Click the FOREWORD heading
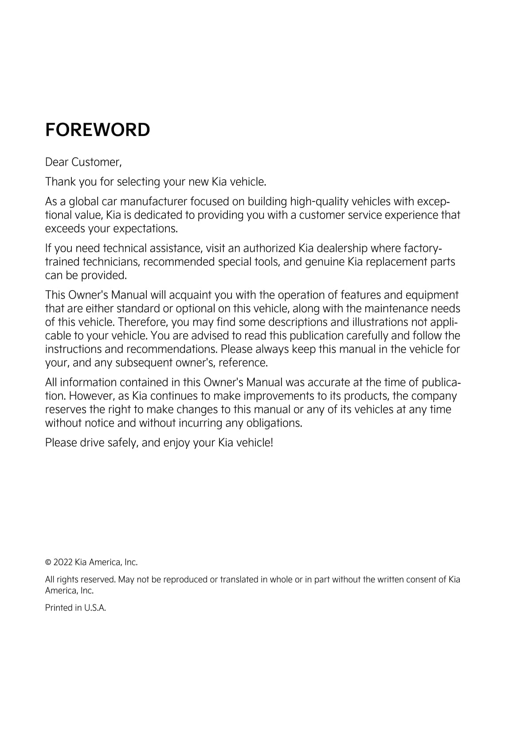point(98,130)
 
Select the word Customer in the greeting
point(96,162)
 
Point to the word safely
point(123,443)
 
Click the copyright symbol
point(48,563)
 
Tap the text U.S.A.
point(95,608)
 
